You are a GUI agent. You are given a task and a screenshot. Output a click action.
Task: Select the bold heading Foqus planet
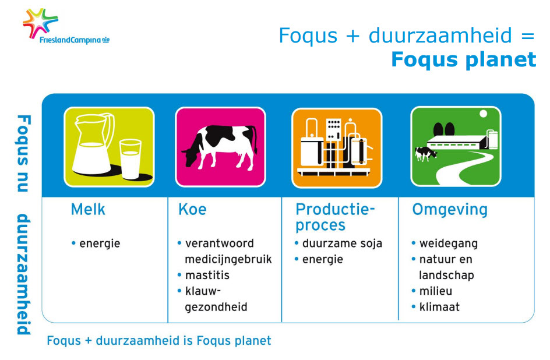point(463,59)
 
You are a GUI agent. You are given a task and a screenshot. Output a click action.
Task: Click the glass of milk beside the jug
point(131,159)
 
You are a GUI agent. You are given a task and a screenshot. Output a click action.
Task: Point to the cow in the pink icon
point(220,147)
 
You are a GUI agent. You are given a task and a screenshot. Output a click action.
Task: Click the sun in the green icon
point(483,114)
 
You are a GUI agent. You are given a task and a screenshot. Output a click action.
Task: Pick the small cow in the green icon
point(426,154)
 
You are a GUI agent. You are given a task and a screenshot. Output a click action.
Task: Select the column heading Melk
point(88,209)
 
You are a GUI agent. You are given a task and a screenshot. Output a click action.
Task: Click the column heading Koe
point(192,209)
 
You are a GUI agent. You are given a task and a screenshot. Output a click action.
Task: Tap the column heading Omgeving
point(450,210)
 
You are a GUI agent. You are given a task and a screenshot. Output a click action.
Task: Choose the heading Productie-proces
point(335,217)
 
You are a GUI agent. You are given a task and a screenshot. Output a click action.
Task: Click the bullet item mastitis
point(207,275)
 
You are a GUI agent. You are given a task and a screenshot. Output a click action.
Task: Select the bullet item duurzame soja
point(342,243)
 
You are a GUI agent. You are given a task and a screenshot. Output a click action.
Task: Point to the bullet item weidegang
point(448,243)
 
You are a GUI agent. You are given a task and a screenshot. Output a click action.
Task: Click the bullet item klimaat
point(439,307)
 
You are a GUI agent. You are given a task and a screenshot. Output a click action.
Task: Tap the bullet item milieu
point(436,291)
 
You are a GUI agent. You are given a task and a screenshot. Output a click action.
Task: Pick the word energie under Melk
point(100,243)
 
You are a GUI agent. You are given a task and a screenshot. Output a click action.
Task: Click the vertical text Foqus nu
point(23,153)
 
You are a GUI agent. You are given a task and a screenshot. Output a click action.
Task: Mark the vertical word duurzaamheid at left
point(23,274)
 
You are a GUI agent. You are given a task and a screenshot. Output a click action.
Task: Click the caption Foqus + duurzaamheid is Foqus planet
point(159,341)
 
